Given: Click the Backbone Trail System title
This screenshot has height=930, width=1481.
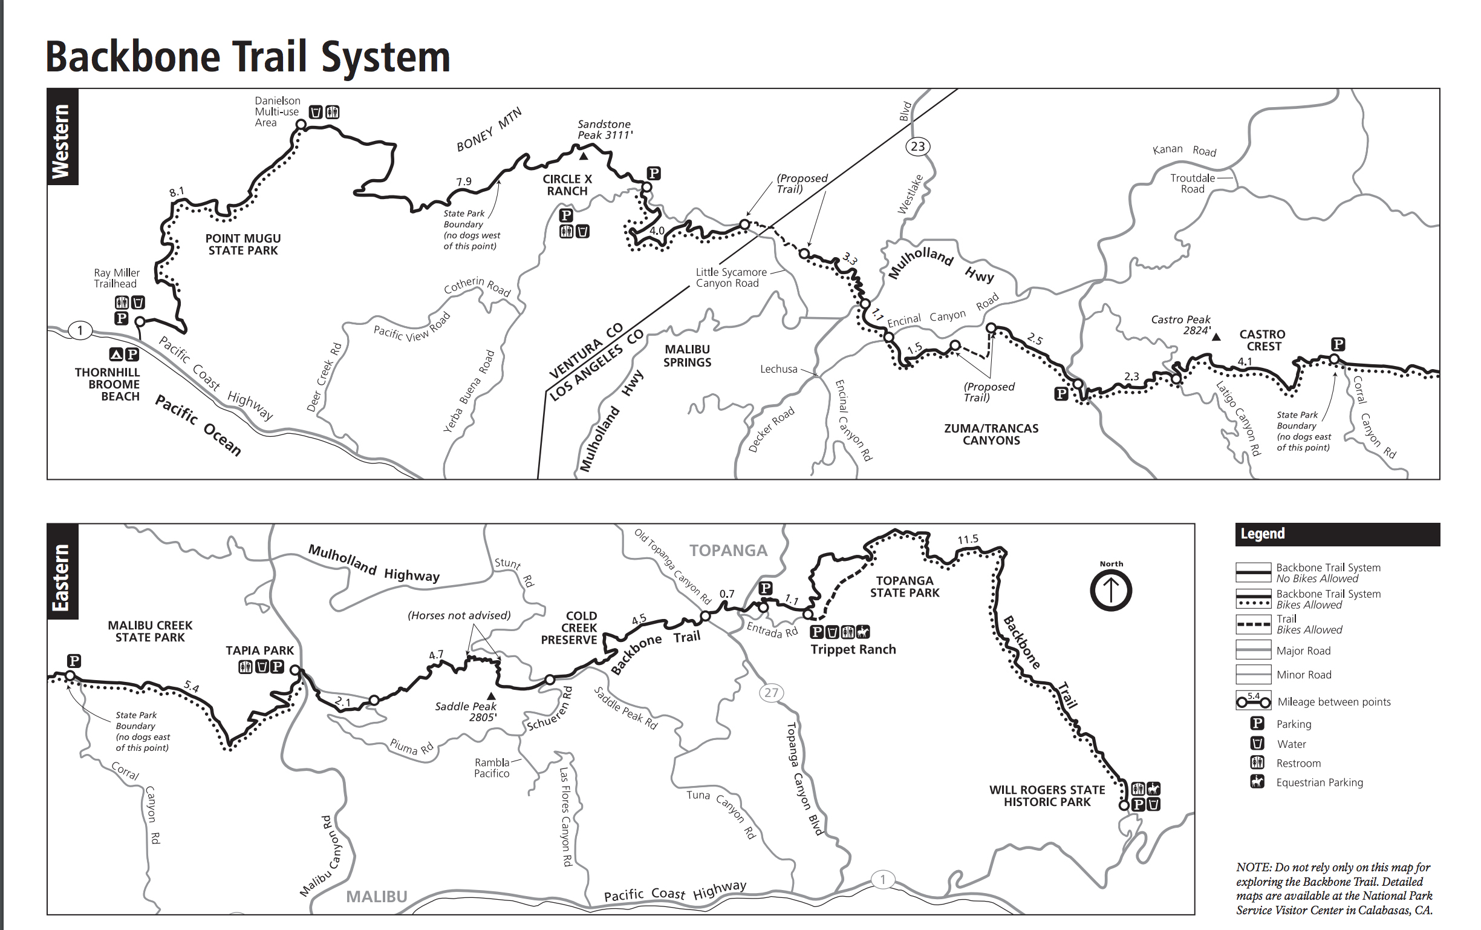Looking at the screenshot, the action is tap(248, 57).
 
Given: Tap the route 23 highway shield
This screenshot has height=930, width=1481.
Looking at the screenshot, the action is tap(917, 146).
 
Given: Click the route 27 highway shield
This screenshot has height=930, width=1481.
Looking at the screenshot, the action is tap(771, 693).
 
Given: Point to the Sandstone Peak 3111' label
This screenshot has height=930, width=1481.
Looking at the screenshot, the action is tap(604, 129).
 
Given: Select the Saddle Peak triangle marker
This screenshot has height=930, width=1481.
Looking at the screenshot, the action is tap(491, 696).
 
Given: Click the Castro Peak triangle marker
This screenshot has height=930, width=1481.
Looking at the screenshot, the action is tap(1216, 336).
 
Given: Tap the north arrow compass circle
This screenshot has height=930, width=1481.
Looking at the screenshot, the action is tap(1111, 591).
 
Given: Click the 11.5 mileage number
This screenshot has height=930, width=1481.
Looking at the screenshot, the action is tap(968, 540).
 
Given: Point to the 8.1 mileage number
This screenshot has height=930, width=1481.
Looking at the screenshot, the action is tap(177, 192).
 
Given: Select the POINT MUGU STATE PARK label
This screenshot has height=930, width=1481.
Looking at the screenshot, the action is tap(243, 244).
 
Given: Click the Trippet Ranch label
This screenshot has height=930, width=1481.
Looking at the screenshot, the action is tap(853, 649).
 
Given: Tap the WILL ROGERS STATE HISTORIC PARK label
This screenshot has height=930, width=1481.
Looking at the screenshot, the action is tap(1047, 796).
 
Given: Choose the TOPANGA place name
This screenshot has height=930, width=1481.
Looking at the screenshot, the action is tap(728, 551).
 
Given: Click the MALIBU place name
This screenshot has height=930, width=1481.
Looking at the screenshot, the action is tap(376, 897).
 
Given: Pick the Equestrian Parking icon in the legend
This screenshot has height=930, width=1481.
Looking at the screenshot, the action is tap(1257, 782).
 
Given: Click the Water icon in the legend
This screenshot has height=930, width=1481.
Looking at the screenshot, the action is tap(1257, 744).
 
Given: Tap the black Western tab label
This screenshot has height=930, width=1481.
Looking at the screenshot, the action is tap(62, 137).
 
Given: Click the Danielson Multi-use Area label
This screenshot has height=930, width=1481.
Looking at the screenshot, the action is tap(277, 111).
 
